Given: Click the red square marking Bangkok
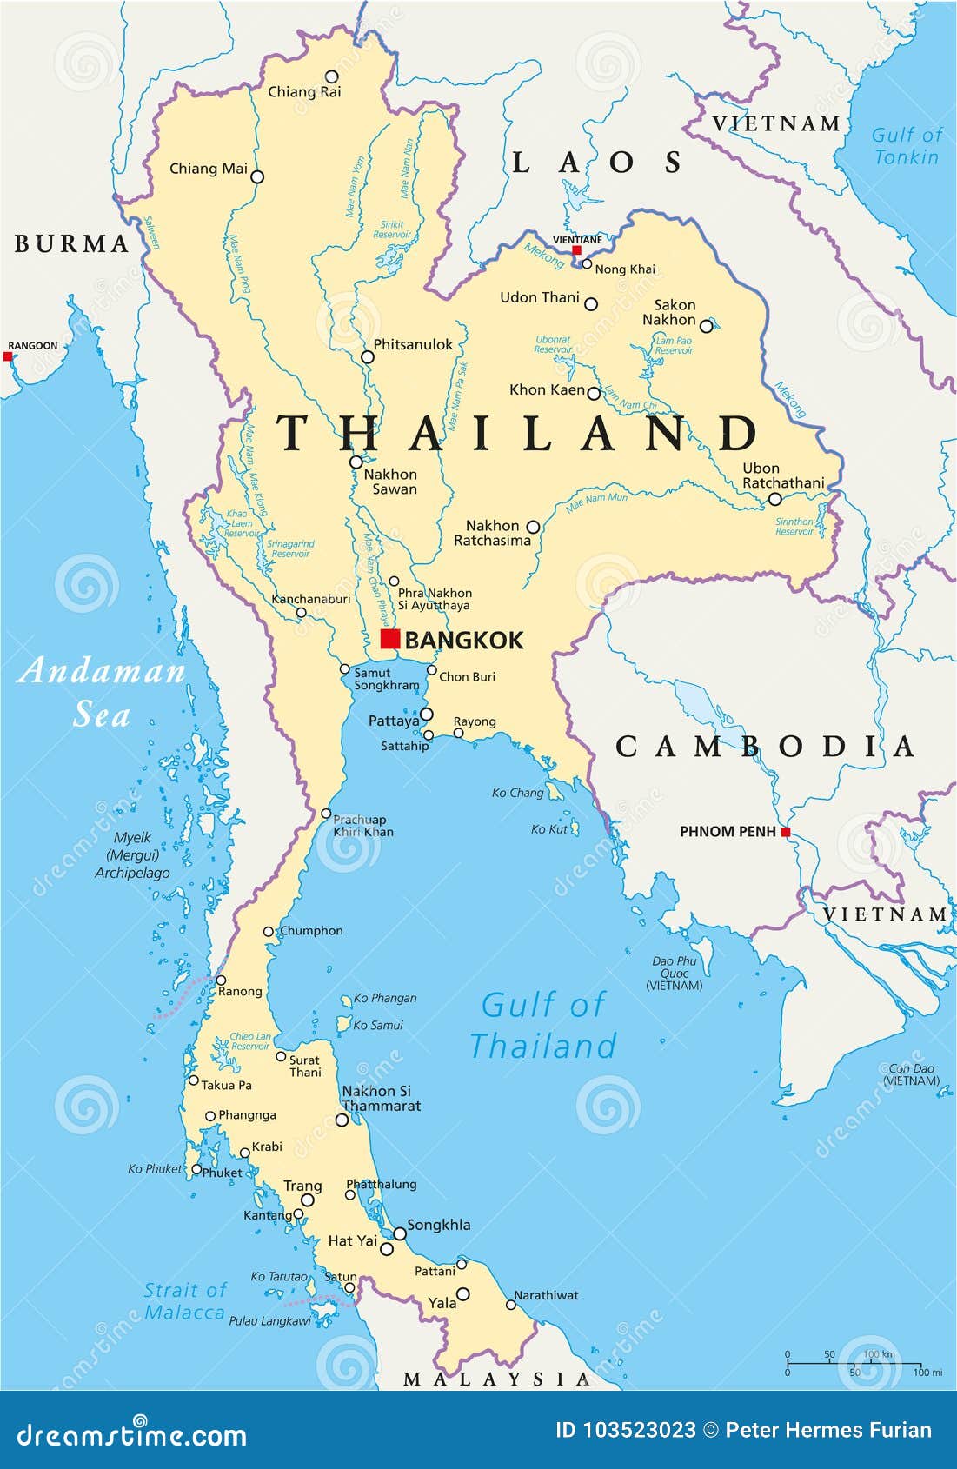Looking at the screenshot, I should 390,639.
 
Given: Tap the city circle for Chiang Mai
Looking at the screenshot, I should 257,176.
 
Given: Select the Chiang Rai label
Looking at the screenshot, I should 304,92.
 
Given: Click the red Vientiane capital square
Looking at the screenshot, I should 576,250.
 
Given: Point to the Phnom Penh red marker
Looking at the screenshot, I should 786,832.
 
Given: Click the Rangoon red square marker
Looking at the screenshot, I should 8,356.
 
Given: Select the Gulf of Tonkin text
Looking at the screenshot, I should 906,146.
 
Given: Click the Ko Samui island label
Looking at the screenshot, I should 378,1026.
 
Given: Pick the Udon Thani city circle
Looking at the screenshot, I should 591,304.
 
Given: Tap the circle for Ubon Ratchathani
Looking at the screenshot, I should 775,499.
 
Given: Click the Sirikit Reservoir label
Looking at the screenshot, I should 392,229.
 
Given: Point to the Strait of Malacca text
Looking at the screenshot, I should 184,1301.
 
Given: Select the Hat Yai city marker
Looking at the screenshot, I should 387,1249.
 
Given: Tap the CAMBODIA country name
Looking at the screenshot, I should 765,747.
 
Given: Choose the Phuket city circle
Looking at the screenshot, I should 196,1170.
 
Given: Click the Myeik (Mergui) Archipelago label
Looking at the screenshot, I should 132,855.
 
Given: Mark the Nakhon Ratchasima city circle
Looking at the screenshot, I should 534,527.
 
